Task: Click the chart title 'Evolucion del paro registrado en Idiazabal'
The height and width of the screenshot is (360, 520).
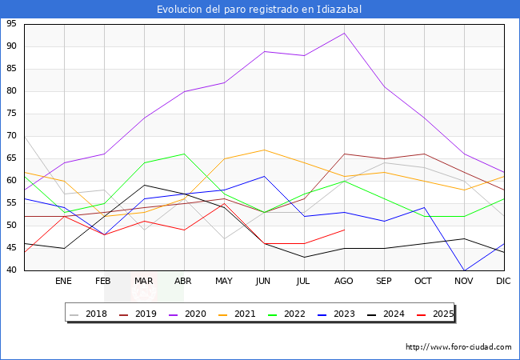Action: [259, 10]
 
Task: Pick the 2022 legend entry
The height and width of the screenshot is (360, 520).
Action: [318, 314]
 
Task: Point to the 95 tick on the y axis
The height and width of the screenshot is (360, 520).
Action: [11, 24]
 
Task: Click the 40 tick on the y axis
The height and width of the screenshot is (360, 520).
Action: [11, 270]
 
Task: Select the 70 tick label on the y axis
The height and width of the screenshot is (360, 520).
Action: [11, 136]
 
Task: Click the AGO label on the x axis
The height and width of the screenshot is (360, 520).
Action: [344, 282]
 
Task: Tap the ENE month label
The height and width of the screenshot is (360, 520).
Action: [64, 282]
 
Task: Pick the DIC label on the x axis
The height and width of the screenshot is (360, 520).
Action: [503, 282]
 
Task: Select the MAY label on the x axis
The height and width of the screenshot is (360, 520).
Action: [224, 282]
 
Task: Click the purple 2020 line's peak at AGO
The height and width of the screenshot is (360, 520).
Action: [344, 33]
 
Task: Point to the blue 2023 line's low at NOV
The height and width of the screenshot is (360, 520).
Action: [464, 270]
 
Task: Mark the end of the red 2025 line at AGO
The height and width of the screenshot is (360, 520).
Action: [344, 230]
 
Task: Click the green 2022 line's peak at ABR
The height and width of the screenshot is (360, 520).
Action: [184, 154]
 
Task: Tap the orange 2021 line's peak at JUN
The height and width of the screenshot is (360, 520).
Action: [264, 150]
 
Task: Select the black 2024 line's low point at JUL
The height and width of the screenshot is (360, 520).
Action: [304, 257]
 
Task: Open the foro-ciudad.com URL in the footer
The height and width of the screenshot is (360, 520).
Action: [458, 347]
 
